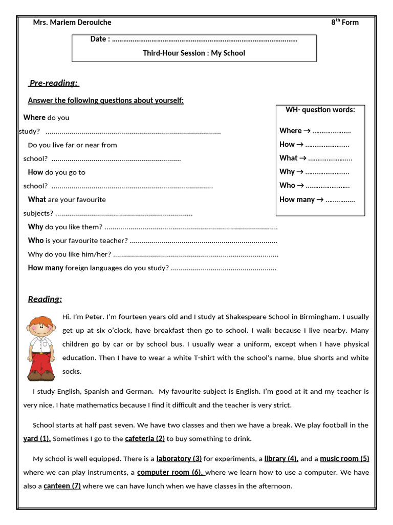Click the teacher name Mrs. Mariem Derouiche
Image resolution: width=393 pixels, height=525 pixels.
72,22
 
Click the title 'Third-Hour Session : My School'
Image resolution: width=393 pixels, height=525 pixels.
194,53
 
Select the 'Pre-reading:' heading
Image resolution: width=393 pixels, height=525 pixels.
53,83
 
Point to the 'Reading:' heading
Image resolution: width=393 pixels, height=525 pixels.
45,299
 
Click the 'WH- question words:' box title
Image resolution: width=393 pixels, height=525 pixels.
320,109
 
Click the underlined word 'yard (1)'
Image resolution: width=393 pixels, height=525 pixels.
37,438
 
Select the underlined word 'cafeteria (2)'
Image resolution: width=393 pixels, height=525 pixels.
145,438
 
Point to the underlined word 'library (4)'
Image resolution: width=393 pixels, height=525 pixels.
281,458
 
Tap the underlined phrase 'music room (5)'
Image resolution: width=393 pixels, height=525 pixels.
344,458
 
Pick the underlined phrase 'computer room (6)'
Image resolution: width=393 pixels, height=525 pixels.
170,472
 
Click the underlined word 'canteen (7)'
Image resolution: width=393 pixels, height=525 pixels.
62,486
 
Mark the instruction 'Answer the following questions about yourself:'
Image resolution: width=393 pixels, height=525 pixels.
105,100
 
